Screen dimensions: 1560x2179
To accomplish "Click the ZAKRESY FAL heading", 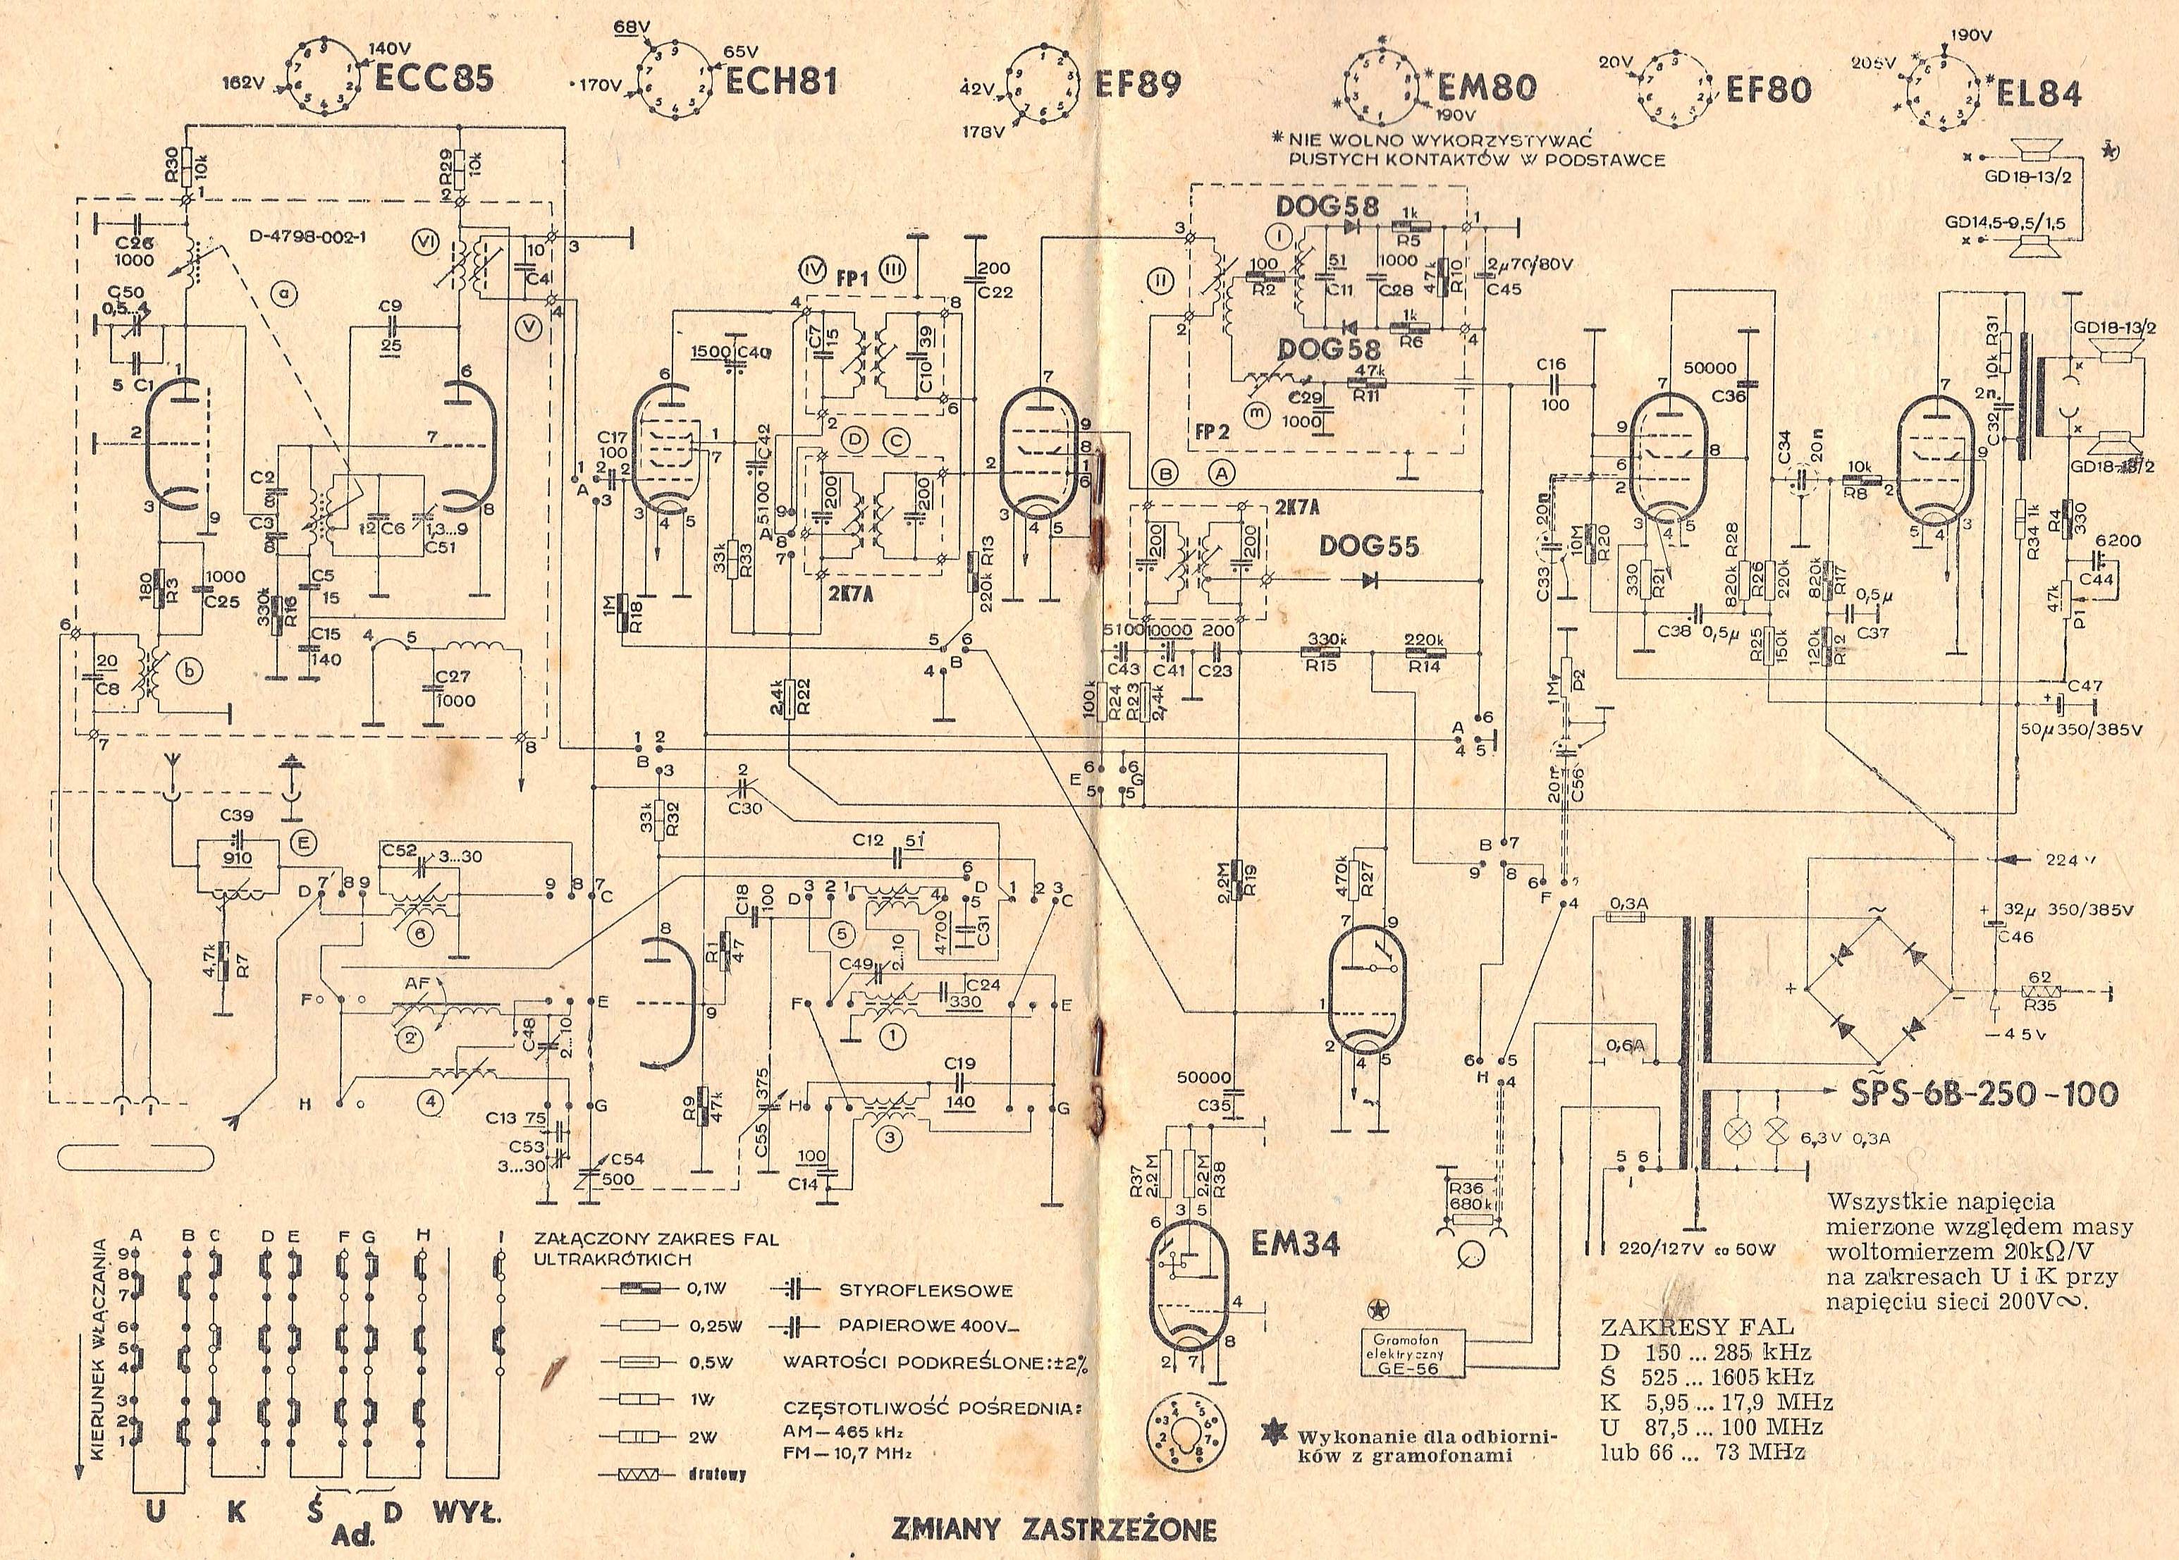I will [x=1696, y=1327].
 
